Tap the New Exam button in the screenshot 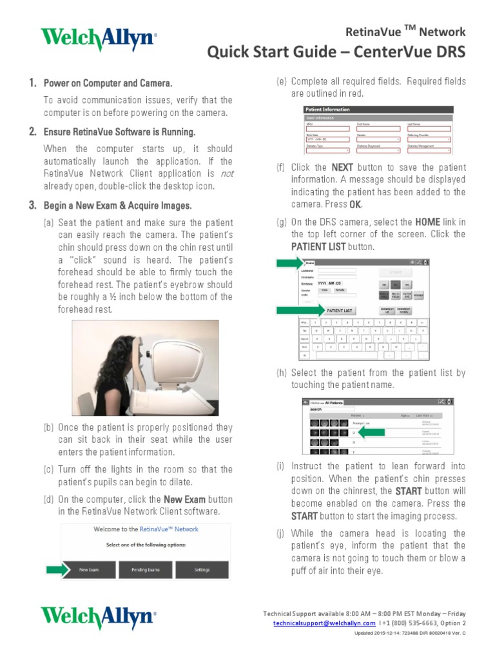pos(88,570)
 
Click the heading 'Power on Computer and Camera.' pos(107,84)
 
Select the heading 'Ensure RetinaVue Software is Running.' pos(119,132)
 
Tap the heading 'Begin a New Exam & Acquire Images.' pos(117,206)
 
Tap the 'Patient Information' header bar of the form pos(378,110)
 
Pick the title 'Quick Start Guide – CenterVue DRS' pos(336,52)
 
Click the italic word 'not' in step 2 pos(226,174)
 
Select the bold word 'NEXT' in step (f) pos(342,168)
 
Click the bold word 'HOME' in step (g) pos(427,222)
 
